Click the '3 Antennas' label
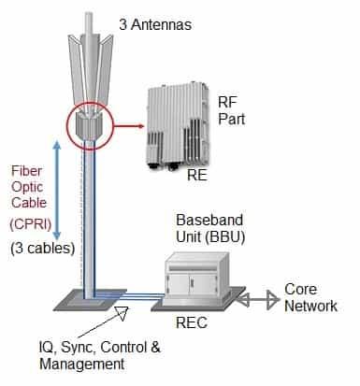[156, 22]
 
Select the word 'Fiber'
[25, 172]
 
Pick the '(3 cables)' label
[38, 250]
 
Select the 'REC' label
[194, 322]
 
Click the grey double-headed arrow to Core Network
[257, 300]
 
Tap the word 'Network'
[311, 306]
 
